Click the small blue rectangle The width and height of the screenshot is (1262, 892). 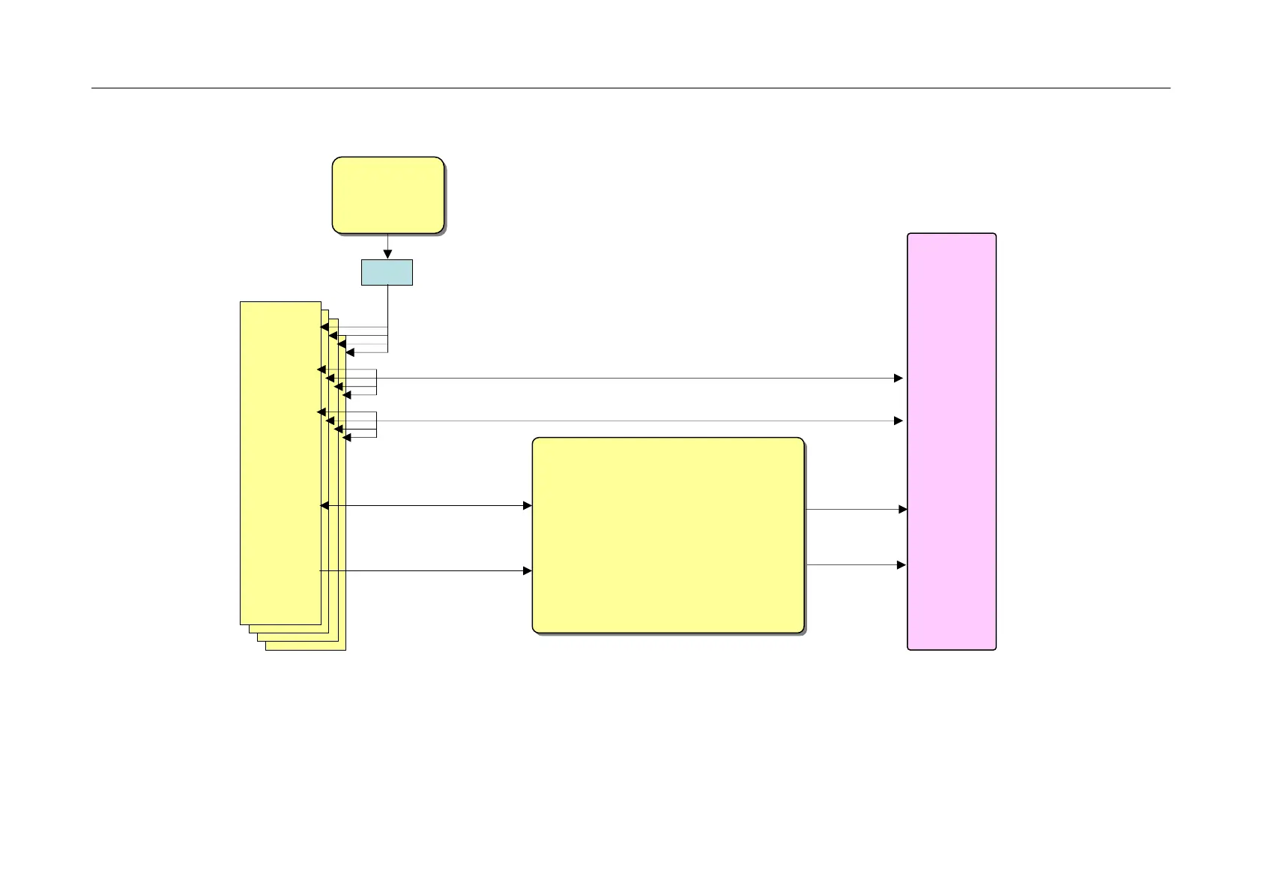coord(387,272)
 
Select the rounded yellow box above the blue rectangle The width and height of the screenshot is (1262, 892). coord(388,195)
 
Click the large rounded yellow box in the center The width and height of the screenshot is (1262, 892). coord(668,535)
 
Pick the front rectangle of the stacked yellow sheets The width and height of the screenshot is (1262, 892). coord(280,462)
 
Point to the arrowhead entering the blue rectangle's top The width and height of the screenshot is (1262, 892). coord(387,255)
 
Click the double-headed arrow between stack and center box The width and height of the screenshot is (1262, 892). coord(426,506)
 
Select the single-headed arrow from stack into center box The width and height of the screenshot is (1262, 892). coord(426,571)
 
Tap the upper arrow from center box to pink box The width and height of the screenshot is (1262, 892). coord(856,510)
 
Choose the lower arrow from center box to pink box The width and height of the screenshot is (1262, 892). coord(856,565)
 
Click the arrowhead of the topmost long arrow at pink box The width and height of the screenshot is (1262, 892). coord(899,379)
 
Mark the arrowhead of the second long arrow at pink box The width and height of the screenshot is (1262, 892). coord(899,421)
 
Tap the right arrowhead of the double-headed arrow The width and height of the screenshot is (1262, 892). coord(528,506)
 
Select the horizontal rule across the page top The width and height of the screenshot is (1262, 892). coord(630,88)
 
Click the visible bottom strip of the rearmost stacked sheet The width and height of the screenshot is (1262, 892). coord(306,646)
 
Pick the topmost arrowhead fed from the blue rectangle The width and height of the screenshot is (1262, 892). coord(324,327)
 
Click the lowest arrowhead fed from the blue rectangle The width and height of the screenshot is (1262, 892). coord(349,352)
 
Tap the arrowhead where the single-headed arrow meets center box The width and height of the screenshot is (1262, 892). coord(528,571)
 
